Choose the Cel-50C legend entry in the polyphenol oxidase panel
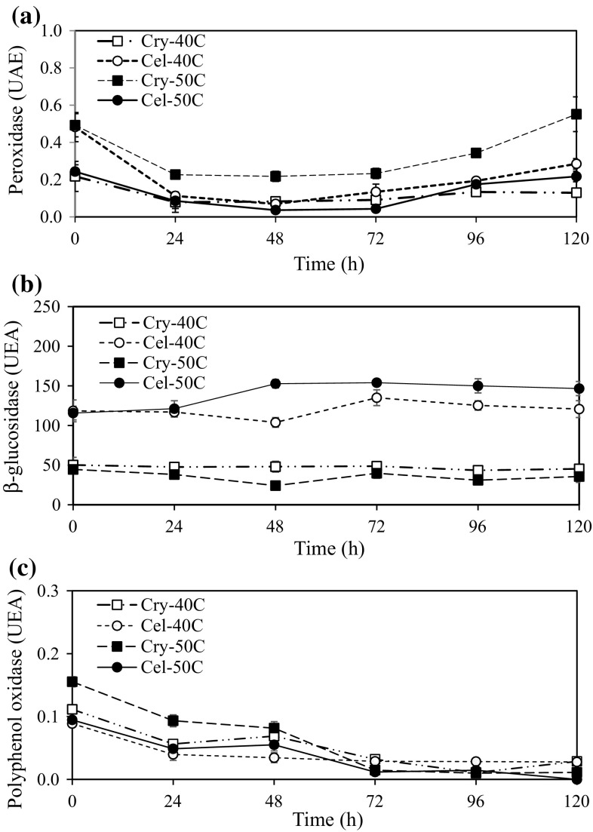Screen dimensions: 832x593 point(158,667)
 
